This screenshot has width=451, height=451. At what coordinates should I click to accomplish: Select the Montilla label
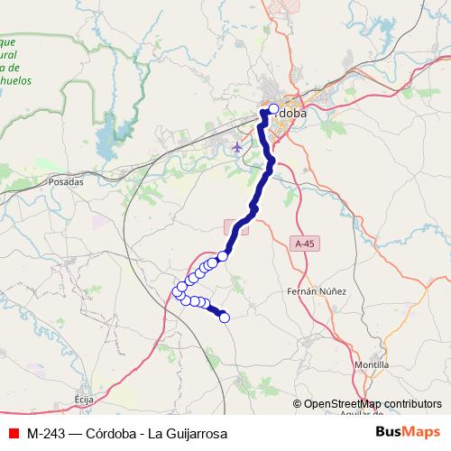tap(373, 364)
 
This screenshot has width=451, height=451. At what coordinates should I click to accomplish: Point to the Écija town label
tap(84, 397)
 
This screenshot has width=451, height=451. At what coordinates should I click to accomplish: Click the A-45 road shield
tap(306, 244)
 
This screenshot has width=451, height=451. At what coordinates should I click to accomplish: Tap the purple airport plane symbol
tap(237, 147)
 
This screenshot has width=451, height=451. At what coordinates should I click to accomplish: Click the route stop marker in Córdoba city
tap(274, 109)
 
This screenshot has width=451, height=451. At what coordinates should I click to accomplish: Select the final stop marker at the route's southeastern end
tap(225, 317)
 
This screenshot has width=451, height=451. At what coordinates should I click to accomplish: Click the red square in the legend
tap(13, 433)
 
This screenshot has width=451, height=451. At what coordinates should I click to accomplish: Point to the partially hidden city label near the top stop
tap(291, 115)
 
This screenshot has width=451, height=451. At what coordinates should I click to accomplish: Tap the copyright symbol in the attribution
tap(297, 403)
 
